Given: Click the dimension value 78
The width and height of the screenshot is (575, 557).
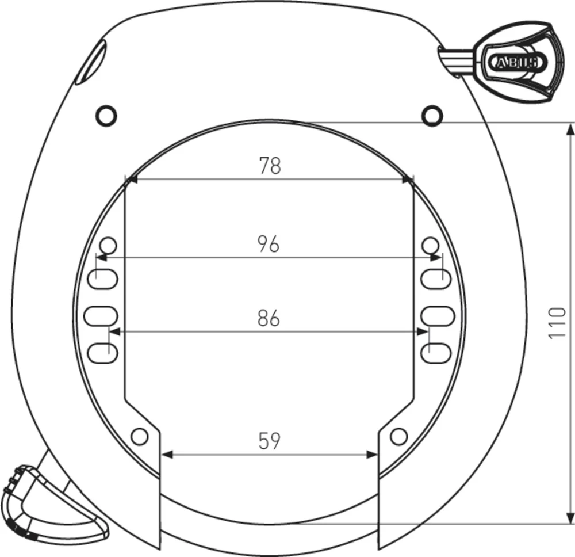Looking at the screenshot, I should point(269,166).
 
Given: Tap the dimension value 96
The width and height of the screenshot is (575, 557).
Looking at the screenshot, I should point(269,244).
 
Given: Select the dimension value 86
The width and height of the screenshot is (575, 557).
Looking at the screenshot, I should point(269,318).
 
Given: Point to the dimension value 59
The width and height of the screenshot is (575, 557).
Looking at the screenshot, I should point(269,441).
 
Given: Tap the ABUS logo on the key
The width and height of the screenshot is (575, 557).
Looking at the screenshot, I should point(514,62).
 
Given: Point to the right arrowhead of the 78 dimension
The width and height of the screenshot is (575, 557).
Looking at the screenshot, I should point(408,180).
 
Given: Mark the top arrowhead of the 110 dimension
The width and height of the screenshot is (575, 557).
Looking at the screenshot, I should point(570,129).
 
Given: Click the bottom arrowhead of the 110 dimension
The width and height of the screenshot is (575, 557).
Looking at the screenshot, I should point(570,517).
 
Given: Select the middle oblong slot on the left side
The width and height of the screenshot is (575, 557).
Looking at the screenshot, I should point(101,316).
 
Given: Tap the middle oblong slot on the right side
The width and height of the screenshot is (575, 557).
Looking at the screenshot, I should point(438,316).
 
